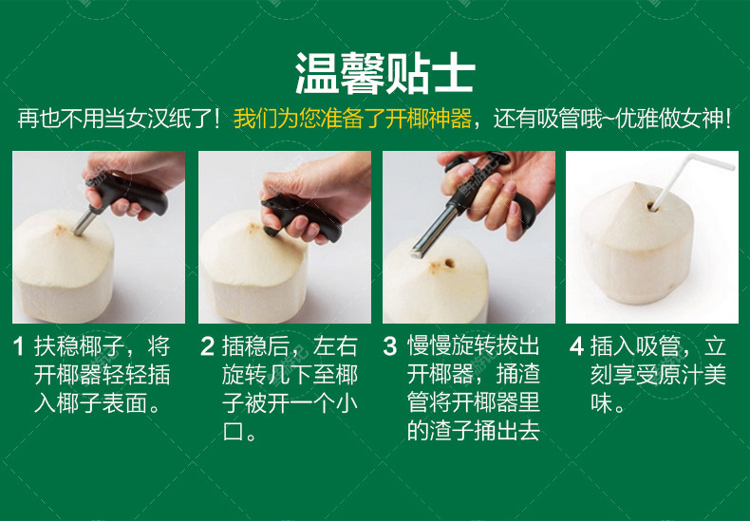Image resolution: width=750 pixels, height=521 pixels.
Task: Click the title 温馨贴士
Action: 385,73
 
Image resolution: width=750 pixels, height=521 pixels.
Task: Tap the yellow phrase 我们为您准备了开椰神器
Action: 352,119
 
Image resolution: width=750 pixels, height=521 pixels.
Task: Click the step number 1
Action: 19,346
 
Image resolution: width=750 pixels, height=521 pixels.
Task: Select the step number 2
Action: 207,346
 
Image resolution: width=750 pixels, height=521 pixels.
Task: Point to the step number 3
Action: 390,346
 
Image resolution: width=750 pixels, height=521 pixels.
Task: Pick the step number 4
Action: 576,346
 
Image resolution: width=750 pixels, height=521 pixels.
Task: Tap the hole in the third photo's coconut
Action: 449,263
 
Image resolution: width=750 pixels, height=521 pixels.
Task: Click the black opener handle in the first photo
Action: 128,194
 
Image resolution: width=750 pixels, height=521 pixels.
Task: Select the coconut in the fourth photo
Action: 638,244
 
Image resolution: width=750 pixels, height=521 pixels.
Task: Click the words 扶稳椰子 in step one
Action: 80,346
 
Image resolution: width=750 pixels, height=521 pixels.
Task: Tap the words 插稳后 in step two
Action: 255,346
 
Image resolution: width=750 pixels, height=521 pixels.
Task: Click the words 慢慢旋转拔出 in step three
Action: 474,346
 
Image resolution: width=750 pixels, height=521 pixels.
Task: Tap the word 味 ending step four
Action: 601,403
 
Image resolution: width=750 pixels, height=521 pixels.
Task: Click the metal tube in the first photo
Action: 85,220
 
